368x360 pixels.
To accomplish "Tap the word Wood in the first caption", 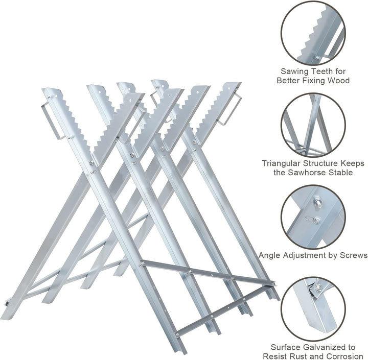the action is (x=338, y=81).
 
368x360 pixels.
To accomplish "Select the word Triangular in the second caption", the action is (x=281, y=163).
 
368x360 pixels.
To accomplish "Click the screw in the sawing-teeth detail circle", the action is (x=317, y=58).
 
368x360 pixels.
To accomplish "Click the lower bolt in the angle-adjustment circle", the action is (x=317, y=220).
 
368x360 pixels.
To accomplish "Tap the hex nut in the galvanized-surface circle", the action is (x=319, y=286).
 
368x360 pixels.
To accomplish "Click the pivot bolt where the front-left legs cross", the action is (x=91, y=163).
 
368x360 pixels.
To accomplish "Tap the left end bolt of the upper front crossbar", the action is (x=142, y=265).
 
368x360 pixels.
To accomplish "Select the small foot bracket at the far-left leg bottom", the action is (x=8, y=303).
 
